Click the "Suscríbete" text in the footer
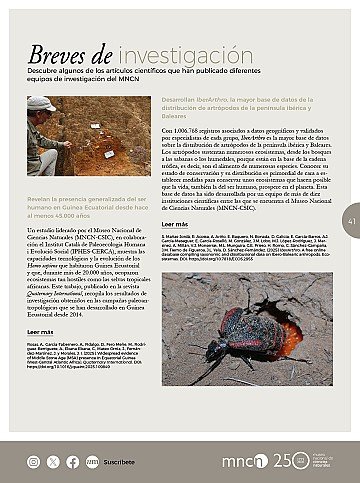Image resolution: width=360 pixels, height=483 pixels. coord(119,462)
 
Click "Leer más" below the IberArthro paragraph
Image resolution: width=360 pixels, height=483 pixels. coord(175,226)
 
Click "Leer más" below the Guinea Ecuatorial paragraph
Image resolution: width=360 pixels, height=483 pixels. coord(41,330)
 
